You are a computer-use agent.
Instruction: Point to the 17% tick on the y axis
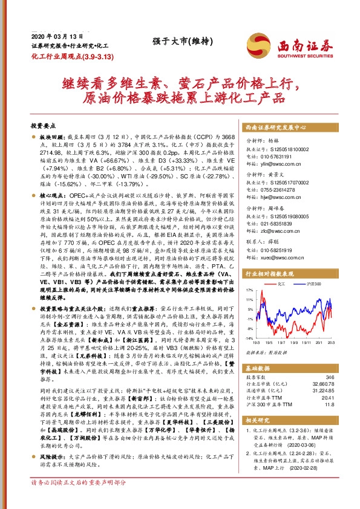(249, 290)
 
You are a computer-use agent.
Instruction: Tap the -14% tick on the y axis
(249, 339)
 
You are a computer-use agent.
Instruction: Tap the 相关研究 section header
(260, 417)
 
